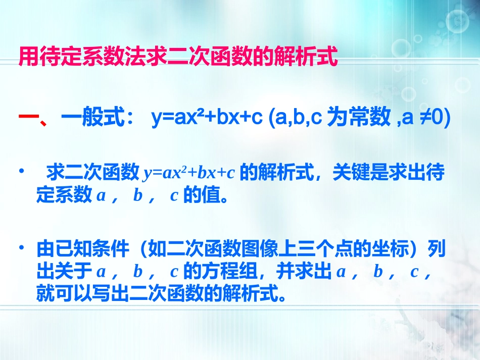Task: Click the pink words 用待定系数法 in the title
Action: click(x=71, y=57)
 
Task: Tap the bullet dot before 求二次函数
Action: click(x=21, y=173)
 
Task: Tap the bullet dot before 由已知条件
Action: click(x=21, y=248)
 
